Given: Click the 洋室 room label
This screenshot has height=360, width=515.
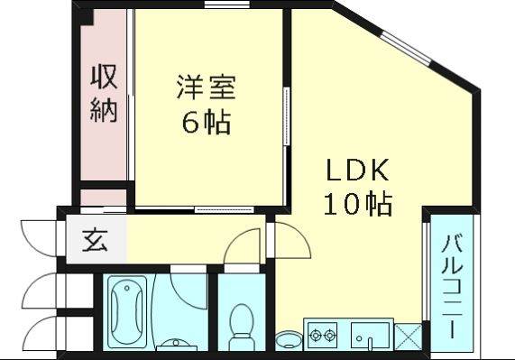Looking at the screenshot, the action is click(x=207, y=88).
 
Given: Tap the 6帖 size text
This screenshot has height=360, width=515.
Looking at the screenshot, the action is click(x=207, y=122).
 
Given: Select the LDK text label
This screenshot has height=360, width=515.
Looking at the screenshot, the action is click(x=358, y=170).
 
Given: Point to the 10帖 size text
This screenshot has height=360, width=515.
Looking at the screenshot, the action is click(x=358, y=204).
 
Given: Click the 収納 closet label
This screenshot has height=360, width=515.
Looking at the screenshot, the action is click(x=104, y=94).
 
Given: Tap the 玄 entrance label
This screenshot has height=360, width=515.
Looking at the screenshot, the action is click(x=95, y=240).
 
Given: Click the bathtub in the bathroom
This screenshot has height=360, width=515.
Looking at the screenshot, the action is click(x=127, y=311).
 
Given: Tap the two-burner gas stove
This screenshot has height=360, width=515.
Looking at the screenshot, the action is click(x=322, y=335).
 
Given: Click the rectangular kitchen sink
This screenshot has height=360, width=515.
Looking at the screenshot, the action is click(x=370, y=335).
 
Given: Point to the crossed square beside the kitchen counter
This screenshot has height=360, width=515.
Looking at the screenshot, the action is click(x=408, y=337).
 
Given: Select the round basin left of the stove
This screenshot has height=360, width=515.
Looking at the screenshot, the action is click(x=289, y=339).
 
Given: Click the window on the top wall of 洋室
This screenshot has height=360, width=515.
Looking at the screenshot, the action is click(x=226, y=5).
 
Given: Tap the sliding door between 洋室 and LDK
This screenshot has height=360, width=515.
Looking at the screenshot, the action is click(x=287, y=116).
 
